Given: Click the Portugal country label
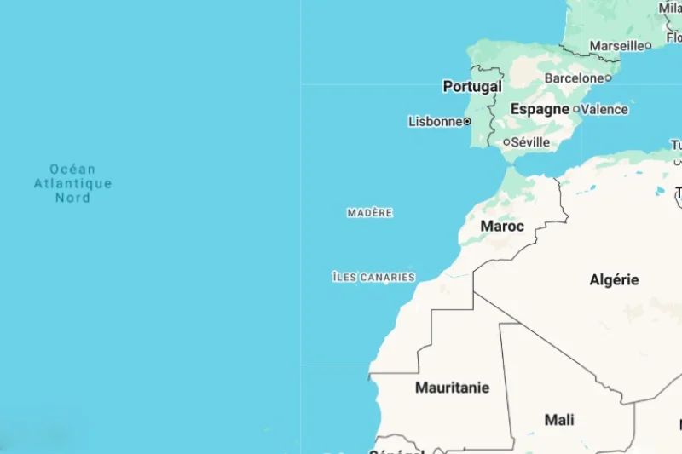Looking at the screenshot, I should click(x=472, y=87).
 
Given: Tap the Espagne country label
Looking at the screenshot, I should click(x=540, y=109).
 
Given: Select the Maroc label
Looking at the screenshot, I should click(x=502, y=226).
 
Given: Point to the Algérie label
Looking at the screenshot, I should click(x=614, y=279).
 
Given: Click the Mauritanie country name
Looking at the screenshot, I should click(x=452, y=388).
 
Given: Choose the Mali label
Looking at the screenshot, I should click(x=559, y=419).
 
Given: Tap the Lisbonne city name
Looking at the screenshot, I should click(x=435, y=122).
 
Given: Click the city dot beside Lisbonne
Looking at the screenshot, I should click(x=467, y=122).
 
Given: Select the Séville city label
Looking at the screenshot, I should click(x=530, y=142).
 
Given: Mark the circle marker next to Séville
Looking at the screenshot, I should click(x=506, y=142).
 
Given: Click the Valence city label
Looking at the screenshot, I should click(x=605, y=109).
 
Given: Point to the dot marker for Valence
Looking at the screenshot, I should click(x=576, y=109).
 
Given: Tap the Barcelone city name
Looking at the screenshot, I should click(x=574, y=78).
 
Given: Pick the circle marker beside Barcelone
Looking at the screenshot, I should click(x=608, y=78).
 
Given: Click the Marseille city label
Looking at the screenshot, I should click(x=616, y=45).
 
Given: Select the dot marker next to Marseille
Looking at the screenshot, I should click(x=648, y=45).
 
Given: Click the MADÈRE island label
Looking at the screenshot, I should click(x=370, y=213).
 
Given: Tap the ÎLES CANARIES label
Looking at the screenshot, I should click(x=373, y=277).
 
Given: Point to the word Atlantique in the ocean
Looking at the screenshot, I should click(x=72, y=183).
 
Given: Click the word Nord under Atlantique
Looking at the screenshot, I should click(x=72, y=198).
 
